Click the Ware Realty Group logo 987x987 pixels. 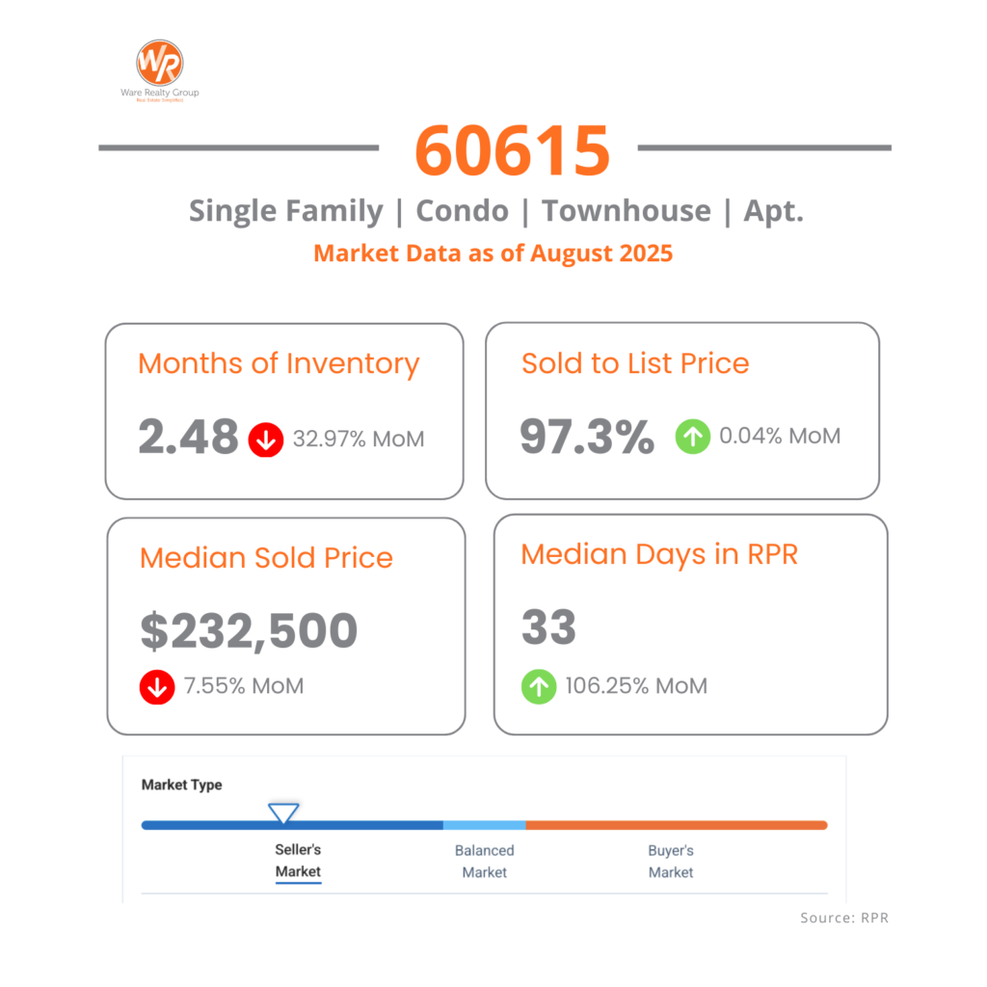[x=159, y=65]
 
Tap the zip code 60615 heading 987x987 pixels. [x=513, y=149]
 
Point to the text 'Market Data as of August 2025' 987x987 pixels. [x=493, y=253]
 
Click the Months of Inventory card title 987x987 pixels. [x=279, y=364]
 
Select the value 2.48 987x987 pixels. [x=188, y=437]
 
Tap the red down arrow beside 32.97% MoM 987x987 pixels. [x=266, y=440]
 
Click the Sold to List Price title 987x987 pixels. [x=635, y=363]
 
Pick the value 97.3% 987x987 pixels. [x=586, y=436]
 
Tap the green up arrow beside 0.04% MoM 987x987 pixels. [x=693, y=437]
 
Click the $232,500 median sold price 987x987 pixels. [x=249, y=630]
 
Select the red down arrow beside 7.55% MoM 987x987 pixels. [x=157, y=686]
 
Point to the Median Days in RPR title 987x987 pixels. [x=659, y=554]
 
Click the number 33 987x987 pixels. [x=548, y=627]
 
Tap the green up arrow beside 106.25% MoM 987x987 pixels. [x=539, y=686]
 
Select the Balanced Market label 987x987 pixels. [x=484, y=862]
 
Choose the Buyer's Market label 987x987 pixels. [x=671, y=862]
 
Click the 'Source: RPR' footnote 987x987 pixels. [x=844, y=918]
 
